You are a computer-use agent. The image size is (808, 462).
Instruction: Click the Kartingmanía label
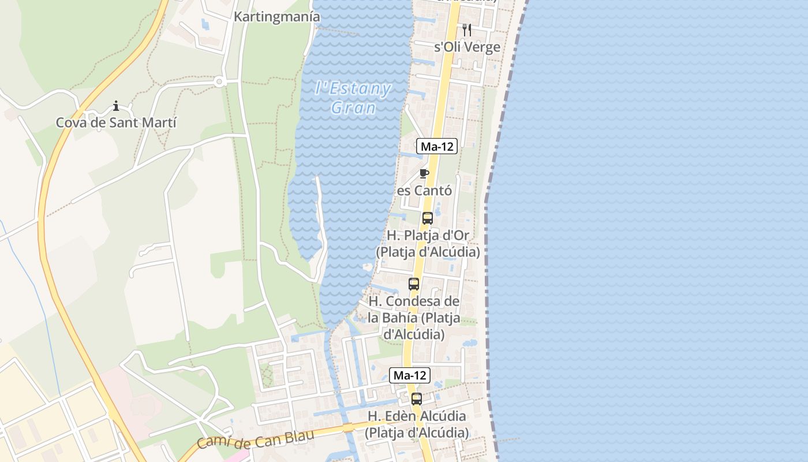coord(276,17)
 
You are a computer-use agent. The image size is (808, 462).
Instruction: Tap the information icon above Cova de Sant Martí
coord(116,106)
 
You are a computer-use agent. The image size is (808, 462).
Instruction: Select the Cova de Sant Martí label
coord(116,122)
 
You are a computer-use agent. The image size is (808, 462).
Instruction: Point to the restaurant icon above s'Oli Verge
coord(467,30)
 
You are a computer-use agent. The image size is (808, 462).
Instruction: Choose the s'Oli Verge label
coord(467,47)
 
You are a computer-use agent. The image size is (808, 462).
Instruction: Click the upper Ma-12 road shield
coord(437,146)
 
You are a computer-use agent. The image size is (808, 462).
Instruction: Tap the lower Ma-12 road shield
coord(409,375)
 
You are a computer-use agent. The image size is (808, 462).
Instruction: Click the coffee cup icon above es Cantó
coord(424,173)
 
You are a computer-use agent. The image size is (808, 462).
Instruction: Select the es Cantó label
coord(424,190)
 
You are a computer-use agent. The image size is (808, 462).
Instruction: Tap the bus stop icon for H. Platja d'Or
coord(427,218)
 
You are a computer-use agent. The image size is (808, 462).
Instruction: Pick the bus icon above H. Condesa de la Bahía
coord(414,284)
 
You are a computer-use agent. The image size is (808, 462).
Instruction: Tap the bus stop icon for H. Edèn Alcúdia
coord(417,398)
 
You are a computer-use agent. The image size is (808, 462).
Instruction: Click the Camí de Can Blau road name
coord(255,439)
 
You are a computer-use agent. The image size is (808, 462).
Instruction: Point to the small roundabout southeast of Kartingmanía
coord(219,82)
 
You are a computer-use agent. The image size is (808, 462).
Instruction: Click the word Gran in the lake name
coord(353,108)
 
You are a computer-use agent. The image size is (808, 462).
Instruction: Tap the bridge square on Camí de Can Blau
coord(347,427)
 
